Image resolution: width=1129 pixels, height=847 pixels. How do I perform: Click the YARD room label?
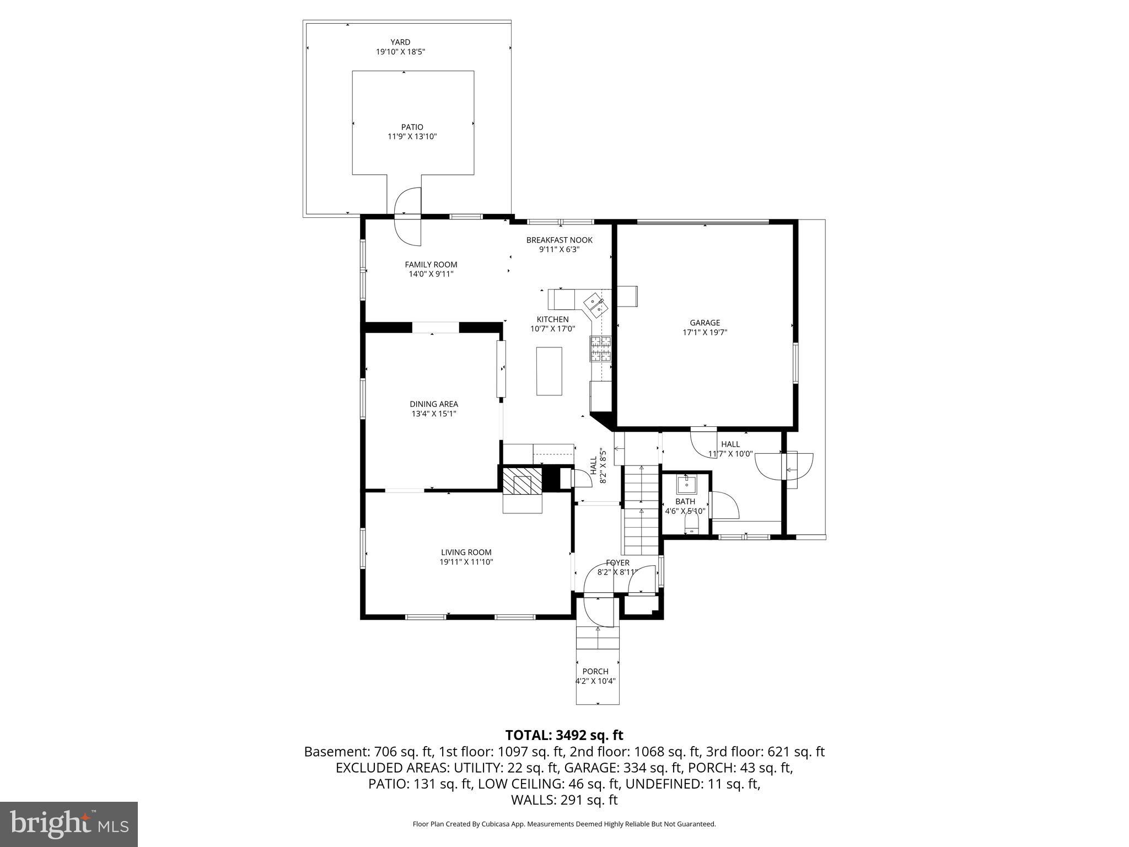(x=400, y=42)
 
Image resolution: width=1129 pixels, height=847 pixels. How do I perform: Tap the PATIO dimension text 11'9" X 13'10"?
(x=412, y=137)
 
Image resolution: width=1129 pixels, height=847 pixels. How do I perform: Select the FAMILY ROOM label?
(x=431, y=265)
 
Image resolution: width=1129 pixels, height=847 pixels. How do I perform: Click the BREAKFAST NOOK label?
(x=559, y=240)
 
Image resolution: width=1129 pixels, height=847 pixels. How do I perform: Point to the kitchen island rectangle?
(x=549, y=371)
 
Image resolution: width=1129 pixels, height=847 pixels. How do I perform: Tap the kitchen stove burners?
(x=601, y=349)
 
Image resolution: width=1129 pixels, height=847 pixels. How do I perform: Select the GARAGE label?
(x=705, y=323)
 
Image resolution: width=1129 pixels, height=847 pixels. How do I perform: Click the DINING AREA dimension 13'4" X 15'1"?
(x=433, y=414)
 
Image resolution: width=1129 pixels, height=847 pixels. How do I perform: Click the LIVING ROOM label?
(x=466, y=552)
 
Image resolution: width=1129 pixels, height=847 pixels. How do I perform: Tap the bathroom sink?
(x=686, y=485)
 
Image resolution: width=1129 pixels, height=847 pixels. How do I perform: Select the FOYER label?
(x=617, y=562)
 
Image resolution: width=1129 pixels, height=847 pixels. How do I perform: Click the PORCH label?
(x=595, y=671)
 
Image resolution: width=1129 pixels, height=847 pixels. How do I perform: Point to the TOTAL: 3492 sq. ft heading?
(x=564, y=735)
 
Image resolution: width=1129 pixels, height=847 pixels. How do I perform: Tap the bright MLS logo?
(x=69, y=824)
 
